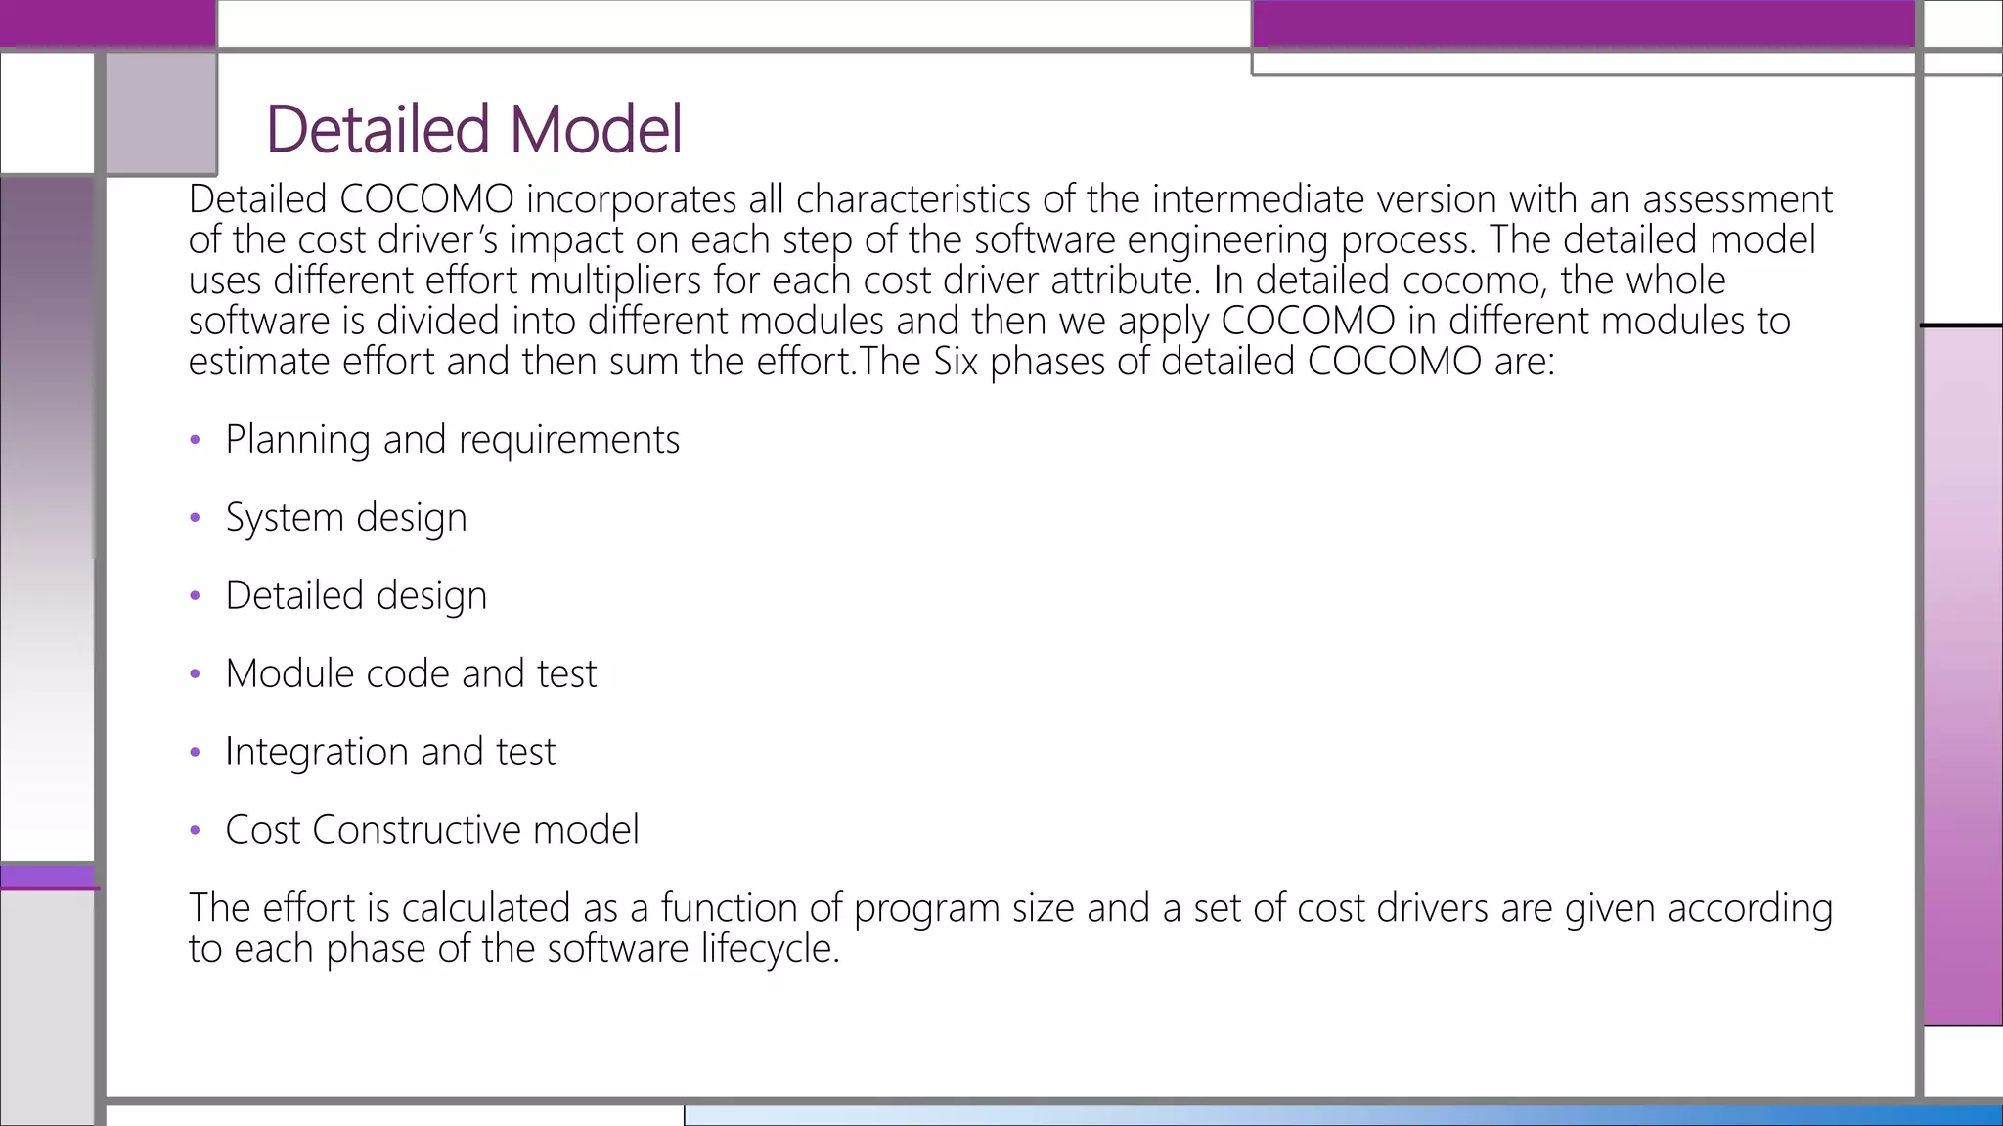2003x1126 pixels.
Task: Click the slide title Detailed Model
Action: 473,129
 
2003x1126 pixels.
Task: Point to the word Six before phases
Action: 956,362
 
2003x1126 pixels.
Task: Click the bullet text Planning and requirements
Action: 452,439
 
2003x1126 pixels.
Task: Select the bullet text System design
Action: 345,517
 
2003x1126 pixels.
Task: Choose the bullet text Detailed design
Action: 355,595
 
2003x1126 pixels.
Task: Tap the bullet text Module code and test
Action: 411,673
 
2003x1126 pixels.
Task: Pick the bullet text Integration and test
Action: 389,752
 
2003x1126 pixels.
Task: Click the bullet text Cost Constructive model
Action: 431,830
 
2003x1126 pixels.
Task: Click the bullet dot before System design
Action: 195,518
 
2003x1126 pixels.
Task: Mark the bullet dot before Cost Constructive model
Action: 195,831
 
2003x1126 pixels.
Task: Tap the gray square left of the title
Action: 160,112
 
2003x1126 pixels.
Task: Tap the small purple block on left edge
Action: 47,877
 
